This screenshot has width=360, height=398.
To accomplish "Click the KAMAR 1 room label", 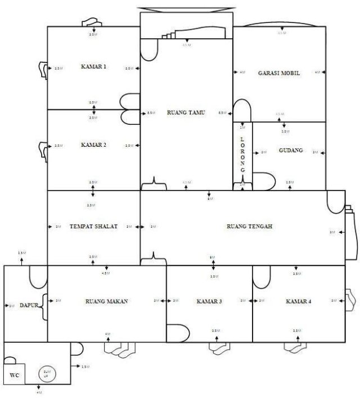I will pos(93,67).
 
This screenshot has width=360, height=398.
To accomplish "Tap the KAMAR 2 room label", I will pos(93,145).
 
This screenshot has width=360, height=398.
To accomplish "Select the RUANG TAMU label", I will pos(186,112).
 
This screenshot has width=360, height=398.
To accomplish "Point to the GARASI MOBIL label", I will pos(278,74).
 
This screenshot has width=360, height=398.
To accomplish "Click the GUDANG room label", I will pos(291,151).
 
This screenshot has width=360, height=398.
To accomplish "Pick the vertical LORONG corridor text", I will pos(242,154).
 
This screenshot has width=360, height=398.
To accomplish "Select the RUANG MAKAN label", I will pos(106,301).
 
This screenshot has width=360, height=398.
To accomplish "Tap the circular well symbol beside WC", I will pos(46,372).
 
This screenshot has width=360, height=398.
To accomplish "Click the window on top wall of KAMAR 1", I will pos(92,22).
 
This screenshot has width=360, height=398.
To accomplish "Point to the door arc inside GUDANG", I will pos(265,181).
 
